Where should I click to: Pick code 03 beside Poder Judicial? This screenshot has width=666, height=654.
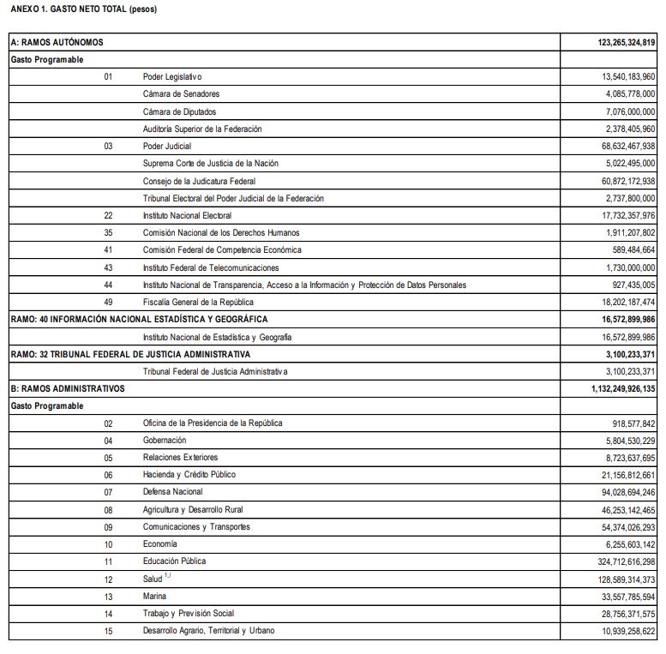pyautogui.click(x=108, y=147)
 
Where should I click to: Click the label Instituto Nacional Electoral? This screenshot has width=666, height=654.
pyautogui.click(x=187, y=215)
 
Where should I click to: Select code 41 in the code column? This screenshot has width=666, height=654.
pyautogui.click(x=108, y=249)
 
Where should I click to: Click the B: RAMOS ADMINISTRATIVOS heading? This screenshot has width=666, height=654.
pyautogui.click(x=67, y=387)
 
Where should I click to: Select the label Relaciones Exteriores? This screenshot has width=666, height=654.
pyautogui.click(x=180, y=457)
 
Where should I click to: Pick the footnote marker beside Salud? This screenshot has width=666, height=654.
pyautogui.click(x=168, y=576)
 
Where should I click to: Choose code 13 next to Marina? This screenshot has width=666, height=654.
pyautogui.click(x=108, y=596)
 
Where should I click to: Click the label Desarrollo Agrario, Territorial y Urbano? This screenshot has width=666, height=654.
pyautogui.click(x=209, y=630)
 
